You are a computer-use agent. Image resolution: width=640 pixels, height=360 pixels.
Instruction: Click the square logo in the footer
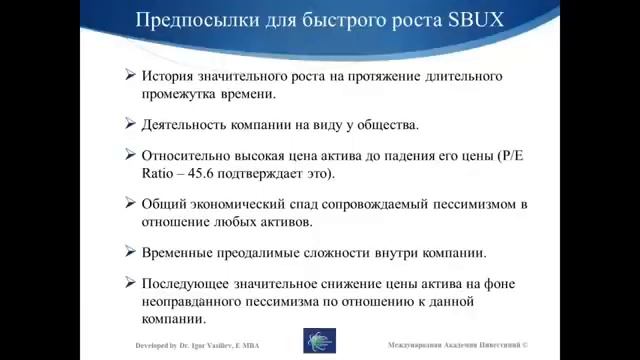[319, 341]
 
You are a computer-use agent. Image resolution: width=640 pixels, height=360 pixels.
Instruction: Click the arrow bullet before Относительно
[131, 155]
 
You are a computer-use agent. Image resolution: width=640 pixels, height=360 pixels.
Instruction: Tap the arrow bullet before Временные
[131, 252]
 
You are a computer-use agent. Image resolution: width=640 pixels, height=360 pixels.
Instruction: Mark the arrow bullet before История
[131, 76]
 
